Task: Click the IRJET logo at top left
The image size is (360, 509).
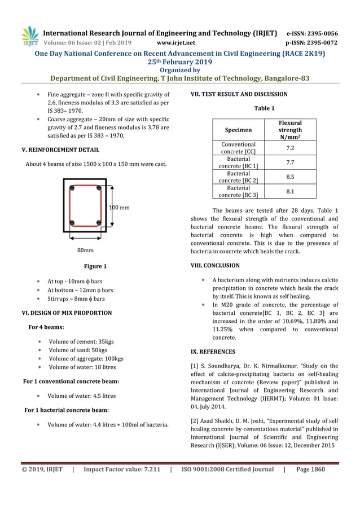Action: pyautogui.click(x=30, y=36)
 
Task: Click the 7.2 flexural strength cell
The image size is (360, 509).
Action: pyautogui.click(x=290, y=148)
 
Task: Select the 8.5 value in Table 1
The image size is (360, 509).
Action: pyautogui.click(x=290, y=177)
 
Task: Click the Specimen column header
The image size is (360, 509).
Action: pyautogui.click(x=238, y=130)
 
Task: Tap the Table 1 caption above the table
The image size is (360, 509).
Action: pyautogui.click(x=264, y=108)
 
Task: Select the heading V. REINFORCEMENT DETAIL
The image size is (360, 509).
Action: pyautogui.click(x=60, y=150)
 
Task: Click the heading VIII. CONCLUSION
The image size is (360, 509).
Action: pyautogui.click(x=216, y=265)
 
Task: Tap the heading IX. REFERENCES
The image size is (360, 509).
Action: pyautogui.click(x=213, y=352)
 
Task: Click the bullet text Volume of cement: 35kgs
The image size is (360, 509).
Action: pyautogui.click(x=81, y=341)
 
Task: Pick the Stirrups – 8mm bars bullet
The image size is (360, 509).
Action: pyautogui.click(x=76, y=299)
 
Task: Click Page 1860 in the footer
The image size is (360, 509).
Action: pyautogui.click(x=310, y=469)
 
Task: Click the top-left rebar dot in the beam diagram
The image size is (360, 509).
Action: pyautogui.click(x=72, y=188)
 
